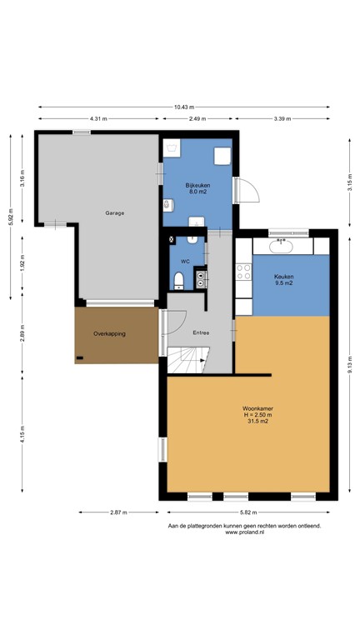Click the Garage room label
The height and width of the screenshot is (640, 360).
tap(114, 213)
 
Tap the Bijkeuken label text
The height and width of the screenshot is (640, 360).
tap(197, 185)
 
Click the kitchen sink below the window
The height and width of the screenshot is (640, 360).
tap(281, 246)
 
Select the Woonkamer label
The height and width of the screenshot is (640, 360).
tap(257, 408)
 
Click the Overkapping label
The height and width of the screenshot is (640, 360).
tap(109, 333)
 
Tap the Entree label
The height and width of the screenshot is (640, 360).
tap(201, 333)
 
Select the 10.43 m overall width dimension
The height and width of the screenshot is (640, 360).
tap(186, 107)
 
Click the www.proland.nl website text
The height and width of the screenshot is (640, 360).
tap(244, 533)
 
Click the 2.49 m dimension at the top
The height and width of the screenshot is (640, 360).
tap(197, 119)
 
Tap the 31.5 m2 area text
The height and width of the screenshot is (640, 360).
tap(257, 422)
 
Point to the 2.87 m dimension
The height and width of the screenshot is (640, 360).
tap(117, 512)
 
